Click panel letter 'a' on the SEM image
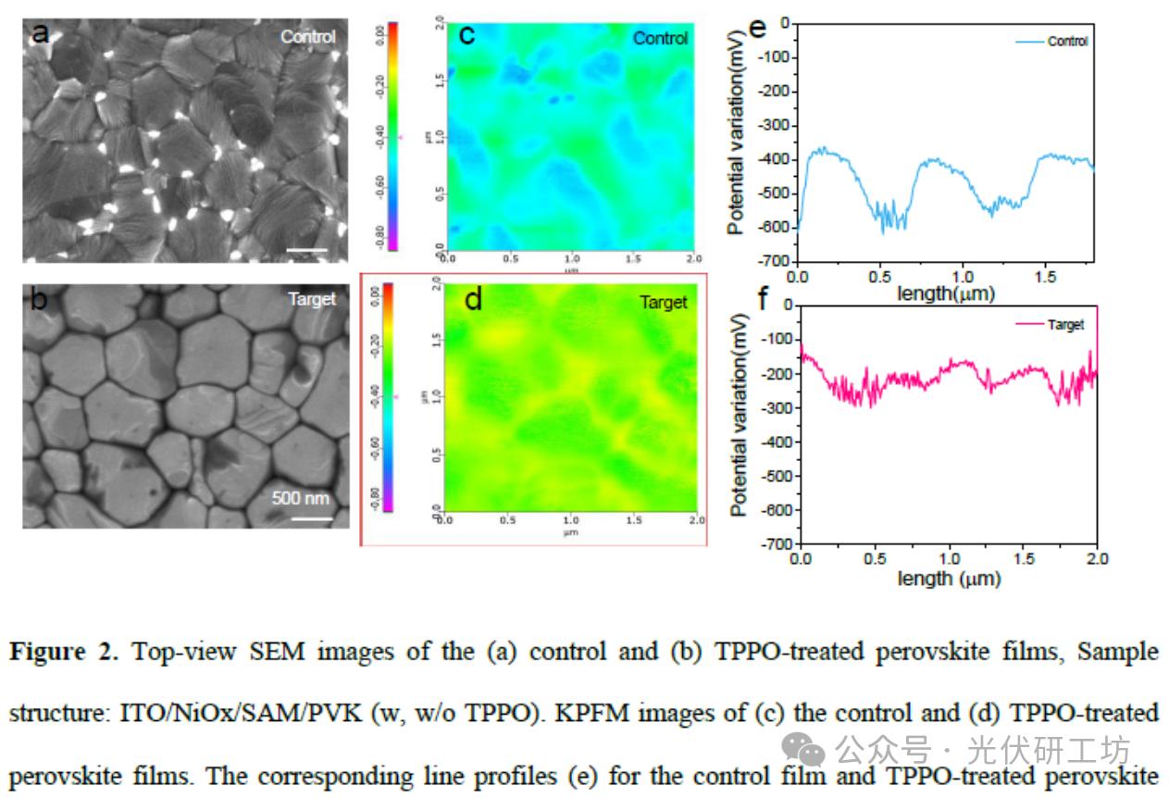(40, 34)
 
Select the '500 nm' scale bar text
(301, 498)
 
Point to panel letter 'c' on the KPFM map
(467, 35)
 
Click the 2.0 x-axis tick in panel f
(1097, 559)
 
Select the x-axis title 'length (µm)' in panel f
(949, 579)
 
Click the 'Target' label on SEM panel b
(313, 300)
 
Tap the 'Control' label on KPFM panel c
(660, 38)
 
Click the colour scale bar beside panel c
(392, 135)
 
